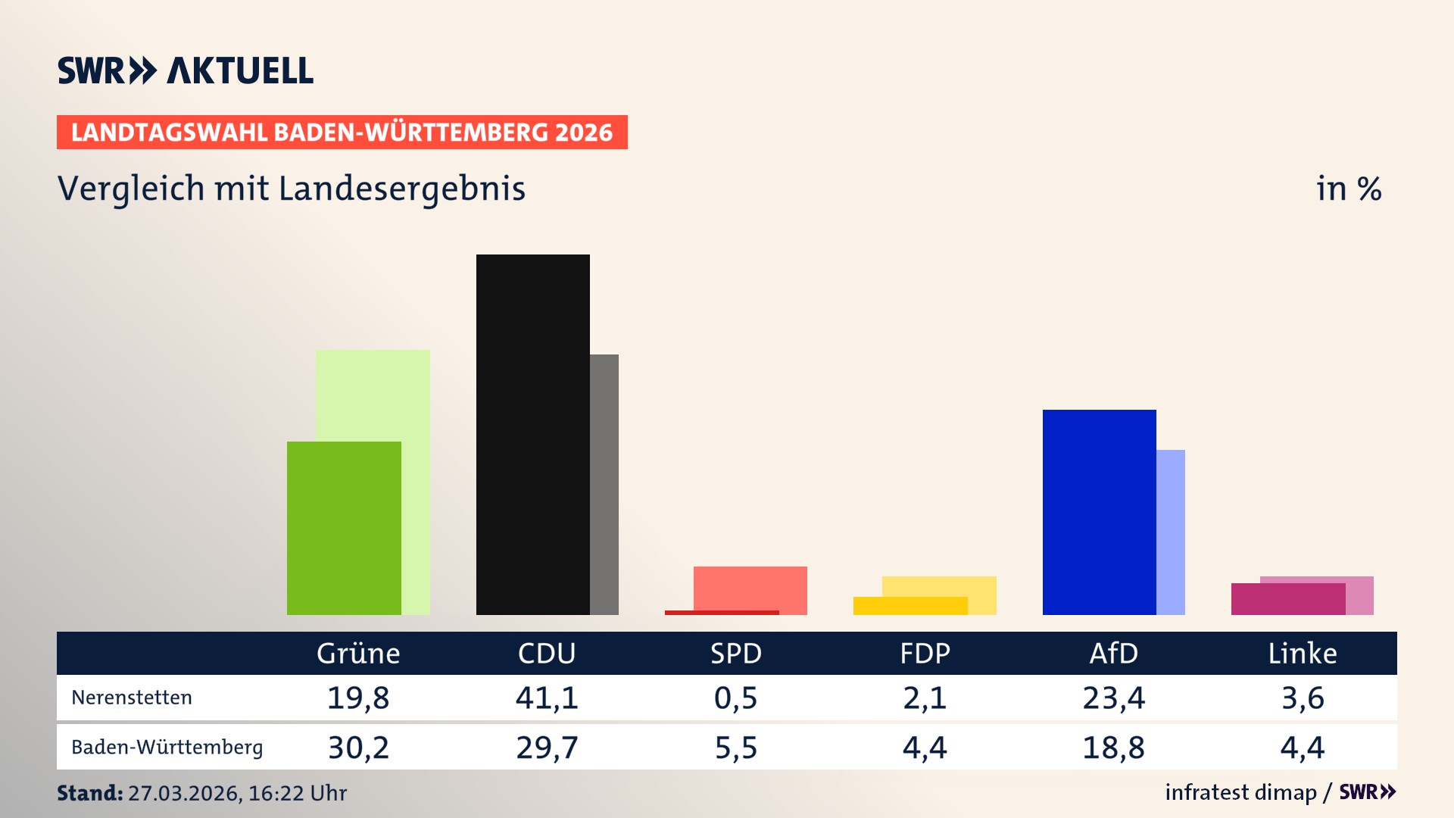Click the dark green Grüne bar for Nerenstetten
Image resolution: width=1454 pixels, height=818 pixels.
pos(344,528)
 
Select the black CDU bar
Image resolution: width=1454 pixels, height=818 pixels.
pos(532,434)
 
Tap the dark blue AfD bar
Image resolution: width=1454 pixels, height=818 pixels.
pos(1099,512)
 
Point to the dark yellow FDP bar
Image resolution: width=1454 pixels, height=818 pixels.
pos(910,606)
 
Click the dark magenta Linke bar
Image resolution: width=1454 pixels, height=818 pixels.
pos(1287,599)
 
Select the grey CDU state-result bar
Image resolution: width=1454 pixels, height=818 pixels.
pos(604,485)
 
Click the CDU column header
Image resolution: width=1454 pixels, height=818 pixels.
pos(547,654)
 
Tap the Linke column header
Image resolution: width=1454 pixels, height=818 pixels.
pos(1303,654)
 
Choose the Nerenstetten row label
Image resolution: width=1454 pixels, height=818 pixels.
pos(132,698)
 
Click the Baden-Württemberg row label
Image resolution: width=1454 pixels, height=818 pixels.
pos(167,748)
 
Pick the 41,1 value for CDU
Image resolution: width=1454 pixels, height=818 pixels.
pos(547,698)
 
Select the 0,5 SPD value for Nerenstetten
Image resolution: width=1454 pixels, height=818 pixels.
pos(735,698)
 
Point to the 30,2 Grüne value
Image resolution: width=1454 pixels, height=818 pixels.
pos(358,748)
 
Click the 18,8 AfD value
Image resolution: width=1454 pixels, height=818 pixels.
pos(1113,748)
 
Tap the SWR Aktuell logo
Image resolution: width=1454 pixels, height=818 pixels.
pos(186,70)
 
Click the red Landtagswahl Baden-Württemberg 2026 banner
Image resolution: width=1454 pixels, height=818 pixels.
pos(342,133)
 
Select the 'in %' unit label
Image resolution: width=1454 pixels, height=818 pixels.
pos(1349,189)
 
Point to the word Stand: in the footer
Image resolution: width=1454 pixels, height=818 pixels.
pos(89,793)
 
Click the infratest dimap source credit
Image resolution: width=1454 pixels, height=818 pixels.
pos(1240,792)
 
